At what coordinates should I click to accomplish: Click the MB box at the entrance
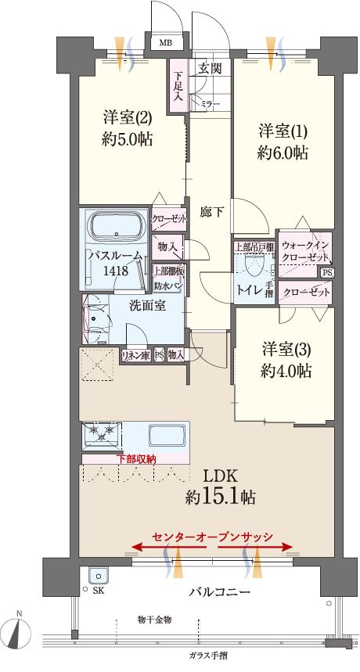coord(167,43)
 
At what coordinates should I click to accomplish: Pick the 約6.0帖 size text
coord(283,153)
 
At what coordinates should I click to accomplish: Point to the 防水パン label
coord(167,286)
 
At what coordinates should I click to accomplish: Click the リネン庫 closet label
coord(134,355)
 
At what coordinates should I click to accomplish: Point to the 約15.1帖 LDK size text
coord(220,496)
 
